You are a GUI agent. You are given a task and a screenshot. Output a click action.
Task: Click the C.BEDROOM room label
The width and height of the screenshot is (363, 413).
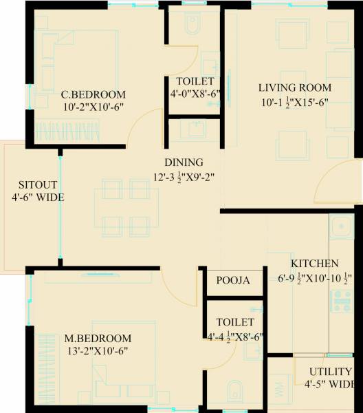tap(93, 94)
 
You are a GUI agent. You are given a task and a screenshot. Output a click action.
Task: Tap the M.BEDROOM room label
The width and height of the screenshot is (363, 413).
tap(98, 338)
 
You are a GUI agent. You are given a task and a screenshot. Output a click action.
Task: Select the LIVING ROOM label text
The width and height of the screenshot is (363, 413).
tap(295, 87)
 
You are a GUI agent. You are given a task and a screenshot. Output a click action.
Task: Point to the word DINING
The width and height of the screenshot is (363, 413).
tap(184, 162)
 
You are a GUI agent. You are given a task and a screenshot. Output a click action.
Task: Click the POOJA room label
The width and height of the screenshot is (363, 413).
tap(233, 281)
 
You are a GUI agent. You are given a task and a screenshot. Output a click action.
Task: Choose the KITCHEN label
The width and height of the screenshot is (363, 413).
tap(313, 264)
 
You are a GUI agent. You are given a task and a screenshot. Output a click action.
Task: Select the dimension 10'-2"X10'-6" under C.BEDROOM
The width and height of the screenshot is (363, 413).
tap(93, 107)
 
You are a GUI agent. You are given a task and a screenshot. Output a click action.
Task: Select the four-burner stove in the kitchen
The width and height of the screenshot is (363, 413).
tap(340, 299)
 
